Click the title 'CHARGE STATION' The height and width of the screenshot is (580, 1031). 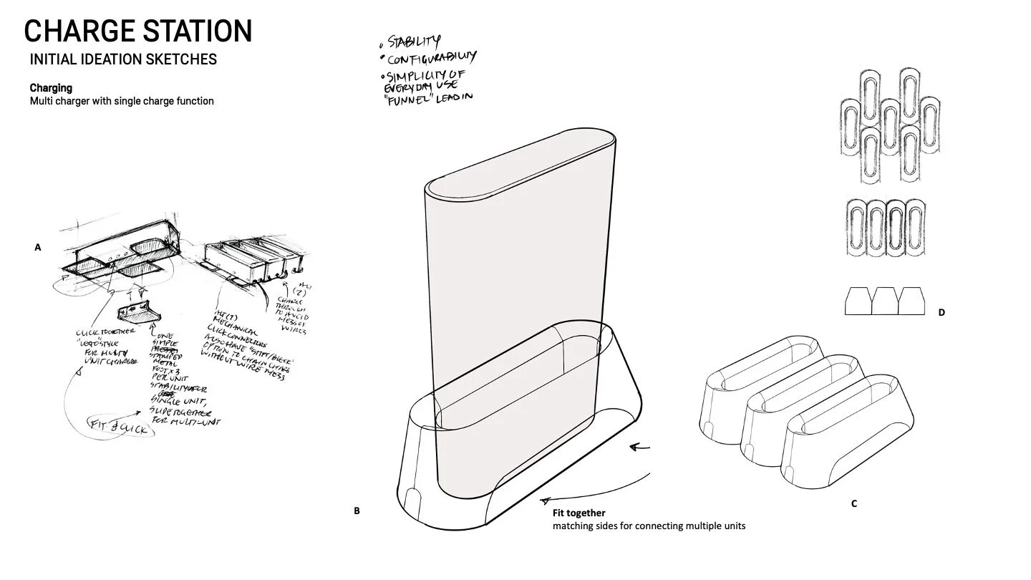(x=138, y=32)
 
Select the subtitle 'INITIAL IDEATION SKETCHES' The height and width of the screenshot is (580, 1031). (x=123, y=59)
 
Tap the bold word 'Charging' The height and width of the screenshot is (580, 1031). (x=51, y=88)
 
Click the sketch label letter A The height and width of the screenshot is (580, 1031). (x=38, y=247)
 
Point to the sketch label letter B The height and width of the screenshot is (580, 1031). (x=357, y=511)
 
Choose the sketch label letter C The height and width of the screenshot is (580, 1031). (x=854, y=503)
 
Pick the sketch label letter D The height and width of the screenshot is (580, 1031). (x=942, y=312)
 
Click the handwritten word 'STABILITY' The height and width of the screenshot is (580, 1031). (x=415, y=42)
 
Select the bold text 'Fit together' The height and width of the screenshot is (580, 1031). (x=579, y=513)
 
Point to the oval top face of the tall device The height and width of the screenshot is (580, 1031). (x=521, y=163)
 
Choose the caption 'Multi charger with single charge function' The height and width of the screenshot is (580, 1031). (x=122, y=101)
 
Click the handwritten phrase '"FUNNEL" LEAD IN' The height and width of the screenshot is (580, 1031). (x=428, y=97)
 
